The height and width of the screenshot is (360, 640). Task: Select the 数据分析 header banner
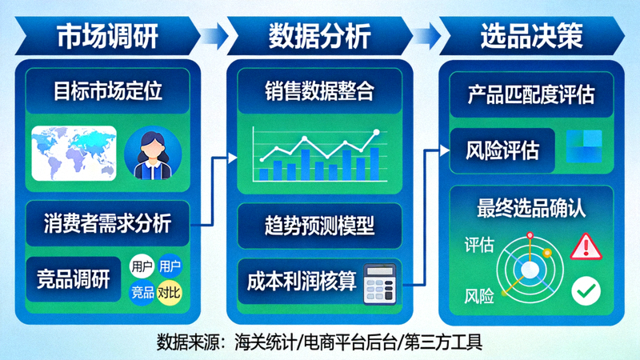(x=319, y=35)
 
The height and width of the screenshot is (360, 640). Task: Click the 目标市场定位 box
(x=108, y=91)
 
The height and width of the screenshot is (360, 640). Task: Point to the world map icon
(x=74, y=153)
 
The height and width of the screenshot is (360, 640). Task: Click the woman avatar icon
(x=152, y=153)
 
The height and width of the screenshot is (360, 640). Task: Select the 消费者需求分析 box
(x=108, y=223)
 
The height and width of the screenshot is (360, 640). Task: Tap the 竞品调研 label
(x=73, y=279)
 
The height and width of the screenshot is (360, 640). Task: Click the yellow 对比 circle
(x=169, y=293)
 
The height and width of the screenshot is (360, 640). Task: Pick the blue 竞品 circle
(x=142, y=293)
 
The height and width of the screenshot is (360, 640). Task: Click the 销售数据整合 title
(x=319, y=91)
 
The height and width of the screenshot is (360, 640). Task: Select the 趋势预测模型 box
(x=319, y=225)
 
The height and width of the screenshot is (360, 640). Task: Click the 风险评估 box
(x=502, y=150)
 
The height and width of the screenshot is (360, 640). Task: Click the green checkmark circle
(x=586, y=291)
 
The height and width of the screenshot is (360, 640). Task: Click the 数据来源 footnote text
(x=319, y=342)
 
